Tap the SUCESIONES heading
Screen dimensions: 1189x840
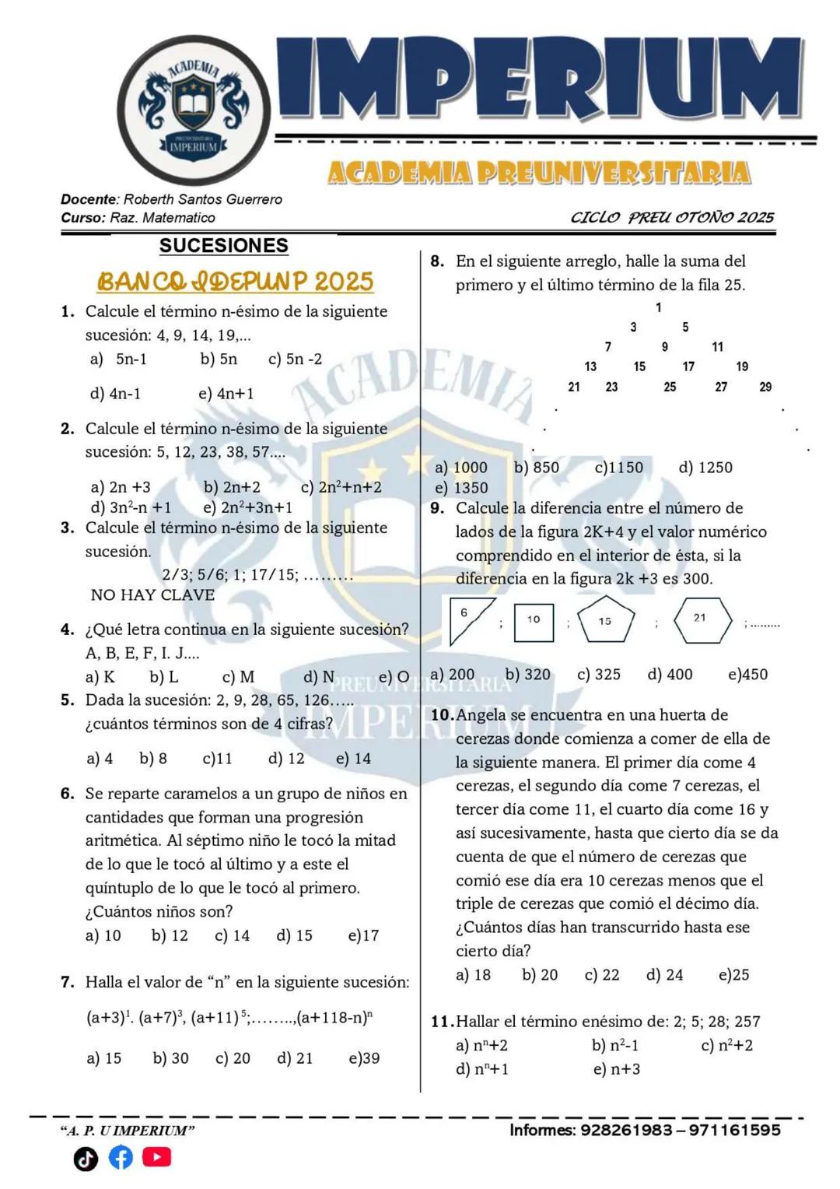[x=223, y=246]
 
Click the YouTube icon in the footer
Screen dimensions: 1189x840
[x=156, y=1157]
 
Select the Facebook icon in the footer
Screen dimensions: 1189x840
[x=121, y=1157]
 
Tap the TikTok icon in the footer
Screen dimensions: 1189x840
[x=86, y=1159]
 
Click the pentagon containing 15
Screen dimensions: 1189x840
[x=605, y=620]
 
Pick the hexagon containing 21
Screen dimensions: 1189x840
[x=701, y=619]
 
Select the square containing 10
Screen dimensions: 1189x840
[x=534, y=621]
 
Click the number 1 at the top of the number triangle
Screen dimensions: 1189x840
[x=659, y=307]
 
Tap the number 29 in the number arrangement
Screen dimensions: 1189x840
[x=765, y=387]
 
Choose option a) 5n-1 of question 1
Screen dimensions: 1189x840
[x=119, y=359]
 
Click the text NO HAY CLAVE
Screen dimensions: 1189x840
[x=152, y=595]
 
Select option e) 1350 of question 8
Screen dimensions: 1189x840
[x=461, y=488]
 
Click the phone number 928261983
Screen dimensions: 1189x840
[x=625, y=1130]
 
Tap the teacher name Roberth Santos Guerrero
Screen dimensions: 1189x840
[x=202, y=200]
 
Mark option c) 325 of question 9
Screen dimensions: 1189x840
[x=598, y=674]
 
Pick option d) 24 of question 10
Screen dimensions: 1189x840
[x=664, y=974]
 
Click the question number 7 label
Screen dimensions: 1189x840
[x=68, y=982]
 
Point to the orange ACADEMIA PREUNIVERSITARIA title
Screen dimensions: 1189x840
[x=538, y=173]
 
